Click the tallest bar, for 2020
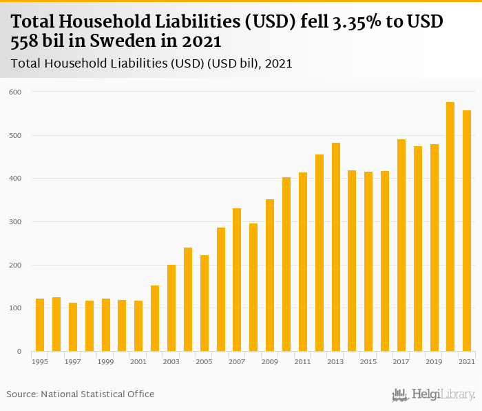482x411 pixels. coord(450,227)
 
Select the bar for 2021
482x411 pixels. coord(467,231)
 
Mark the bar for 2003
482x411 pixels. coord(171,308)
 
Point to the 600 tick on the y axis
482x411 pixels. coord(15,92)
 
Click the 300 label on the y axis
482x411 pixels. coord(15,222)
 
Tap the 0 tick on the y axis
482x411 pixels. coord(19,352)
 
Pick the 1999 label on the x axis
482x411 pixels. coord(105,361)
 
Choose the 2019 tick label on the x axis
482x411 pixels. coord(434,361)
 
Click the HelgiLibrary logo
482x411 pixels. coord(434,394)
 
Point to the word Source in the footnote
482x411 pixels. coord(22,394)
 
